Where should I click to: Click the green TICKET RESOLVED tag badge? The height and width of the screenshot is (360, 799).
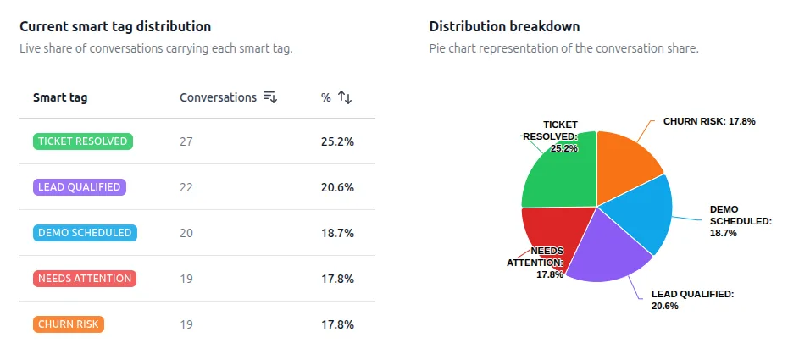click(x=83, y=141)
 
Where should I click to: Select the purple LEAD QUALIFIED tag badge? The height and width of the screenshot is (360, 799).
click(x=80, y=187)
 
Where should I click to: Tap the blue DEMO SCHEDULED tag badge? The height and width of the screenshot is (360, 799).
click(x=85, y=233)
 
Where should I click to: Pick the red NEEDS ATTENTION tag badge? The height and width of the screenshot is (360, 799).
click(x=85, y=279)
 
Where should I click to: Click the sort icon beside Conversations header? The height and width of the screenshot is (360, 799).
click(x=270, y=97)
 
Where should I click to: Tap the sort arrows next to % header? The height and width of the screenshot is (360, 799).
click(x=345, y=97)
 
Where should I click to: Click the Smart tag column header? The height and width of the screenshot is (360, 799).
click(x=60, y=97)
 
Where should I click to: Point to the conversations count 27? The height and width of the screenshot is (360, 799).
click(x=186, y=141)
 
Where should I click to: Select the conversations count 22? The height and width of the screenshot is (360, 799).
click(x=186, y=187)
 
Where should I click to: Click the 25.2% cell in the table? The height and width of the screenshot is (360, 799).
click(x=337, y=141)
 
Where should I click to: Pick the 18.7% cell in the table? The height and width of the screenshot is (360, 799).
click(x=337, y=233)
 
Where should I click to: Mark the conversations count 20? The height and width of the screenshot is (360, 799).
click(x=186, y=233)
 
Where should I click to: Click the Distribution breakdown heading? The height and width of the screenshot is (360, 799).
click(x=504, y=27)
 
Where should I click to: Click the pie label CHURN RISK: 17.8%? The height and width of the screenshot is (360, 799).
click(x=708, y=121)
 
